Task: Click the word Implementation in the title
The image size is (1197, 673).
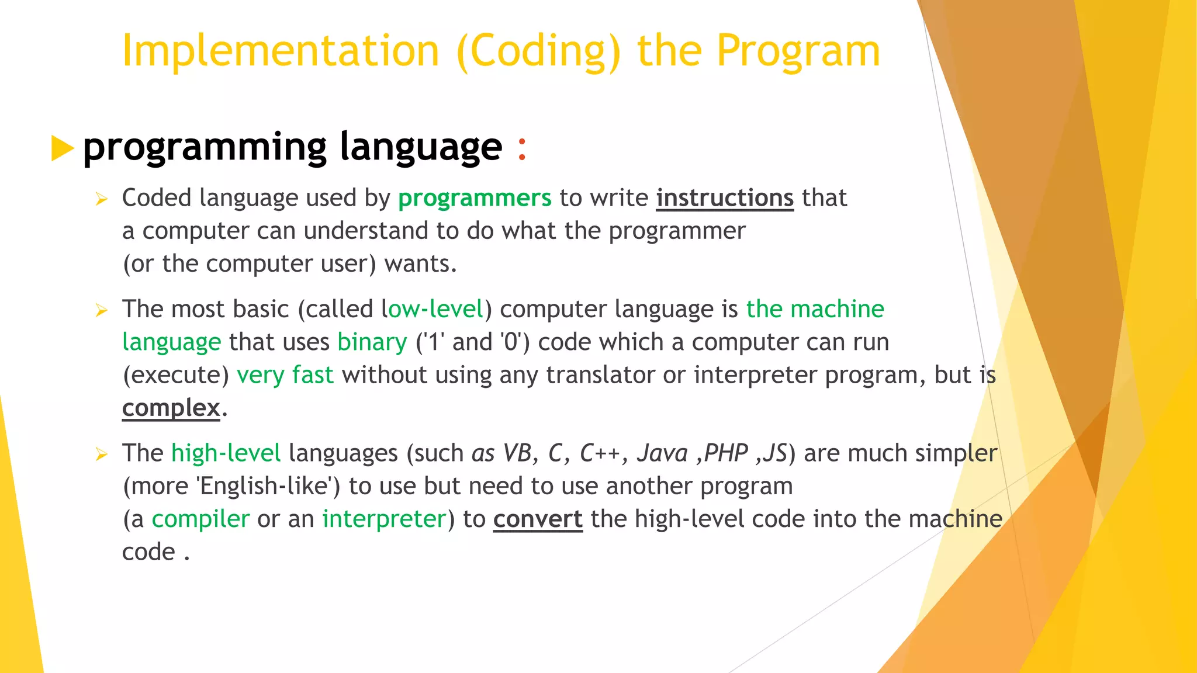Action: pyautogui.click(x=280, y=51)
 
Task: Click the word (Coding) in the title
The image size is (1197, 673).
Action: pyautogui.click(x=538, y=51)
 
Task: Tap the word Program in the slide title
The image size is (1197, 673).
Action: pyautogui.click(x=798, y=51)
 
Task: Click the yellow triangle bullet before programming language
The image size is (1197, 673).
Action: pyautogui.click(x=62, y=148)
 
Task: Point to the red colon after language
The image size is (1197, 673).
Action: pyautogui.click(x=522, y=148)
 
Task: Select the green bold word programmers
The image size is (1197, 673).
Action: pyautogui.click(x=474, y=199)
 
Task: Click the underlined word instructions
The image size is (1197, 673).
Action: pyautogui.click(x=725, y=199)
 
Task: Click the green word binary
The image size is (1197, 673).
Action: pyautogui.click(x=372, y=342)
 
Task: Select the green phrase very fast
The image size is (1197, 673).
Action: pyautogui.click(x=285, y=375)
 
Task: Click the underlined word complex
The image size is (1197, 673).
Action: pyautogui.click(x=171, y=408)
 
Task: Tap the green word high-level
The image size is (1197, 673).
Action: pyautogui.click(x=226, y=453)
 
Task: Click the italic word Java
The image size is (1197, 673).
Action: pyautogui.click(x=662, y=453)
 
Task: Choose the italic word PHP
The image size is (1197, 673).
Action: pyautogui.click(x=726, y=453)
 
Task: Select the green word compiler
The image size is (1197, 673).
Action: pyautogui.click(x=200, y=519)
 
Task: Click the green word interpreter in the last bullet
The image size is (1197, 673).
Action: pyautogui.click(x=384, y=519)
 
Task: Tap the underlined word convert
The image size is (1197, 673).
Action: pyautogui.click(x=538, y=519)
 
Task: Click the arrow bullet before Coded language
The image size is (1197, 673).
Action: pyautogui.click(x=102, y=200)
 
